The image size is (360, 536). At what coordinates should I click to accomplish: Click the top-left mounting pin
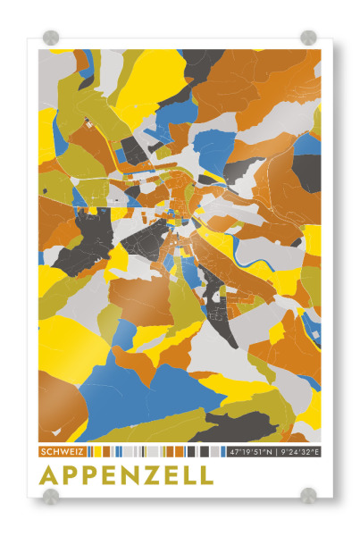[x=51, y=38]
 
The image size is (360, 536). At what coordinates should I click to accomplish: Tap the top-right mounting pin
[x=308, y=38]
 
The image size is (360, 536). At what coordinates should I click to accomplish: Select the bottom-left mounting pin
[x=51, y=494]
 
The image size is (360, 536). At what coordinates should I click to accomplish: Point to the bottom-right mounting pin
[x=308, y=494]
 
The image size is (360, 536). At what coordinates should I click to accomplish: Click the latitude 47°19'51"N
[x=251, y=452]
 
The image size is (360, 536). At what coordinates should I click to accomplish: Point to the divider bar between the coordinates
[x=276, y=452]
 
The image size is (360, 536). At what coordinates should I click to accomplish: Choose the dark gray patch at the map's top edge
[x=201, y=58]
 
